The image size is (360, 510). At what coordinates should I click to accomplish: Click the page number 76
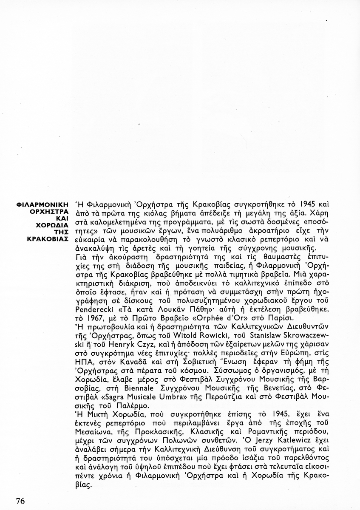pos(20,500)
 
